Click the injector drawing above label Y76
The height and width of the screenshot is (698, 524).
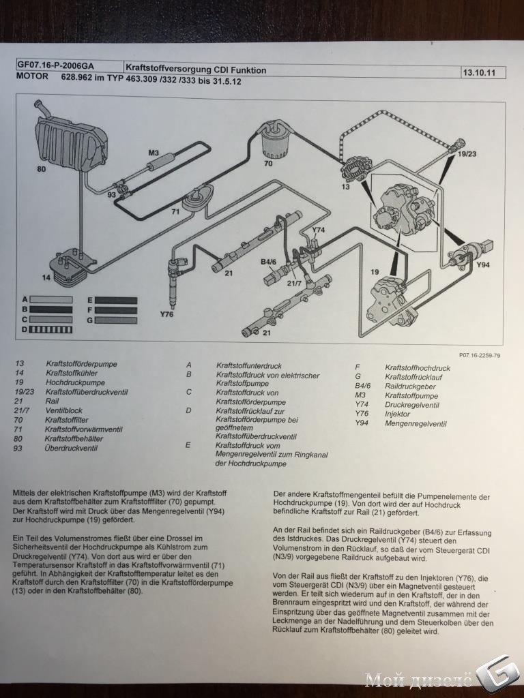(175, 277)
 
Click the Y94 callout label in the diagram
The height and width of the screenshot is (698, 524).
(483, 265)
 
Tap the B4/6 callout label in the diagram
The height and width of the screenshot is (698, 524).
(269, 262)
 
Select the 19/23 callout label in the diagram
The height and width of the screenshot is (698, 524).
(467, 154)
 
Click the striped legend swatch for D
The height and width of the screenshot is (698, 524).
(50, 330)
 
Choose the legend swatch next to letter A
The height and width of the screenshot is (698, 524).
(50, 300)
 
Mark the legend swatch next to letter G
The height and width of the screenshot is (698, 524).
(116, 320)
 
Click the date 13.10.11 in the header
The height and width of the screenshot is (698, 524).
(479, 72)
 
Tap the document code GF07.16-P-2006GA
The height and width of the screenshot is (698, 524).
(56, 65)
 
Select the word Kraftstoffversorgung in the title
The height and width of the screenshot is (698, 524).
(169, 69)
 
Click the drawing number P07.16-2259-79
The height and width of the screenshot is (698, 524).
(480, 355)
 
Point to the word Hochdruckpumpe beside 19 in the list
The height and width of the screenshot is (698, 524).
(75, 382)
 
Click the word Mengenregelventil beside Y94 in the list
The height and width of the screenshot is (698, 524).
(416, 424)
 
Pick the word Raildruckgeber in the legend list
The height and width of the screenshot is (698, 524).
(410, 386)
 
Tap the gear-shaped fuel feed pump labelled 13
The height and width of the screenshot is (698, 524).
(356, 169)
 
